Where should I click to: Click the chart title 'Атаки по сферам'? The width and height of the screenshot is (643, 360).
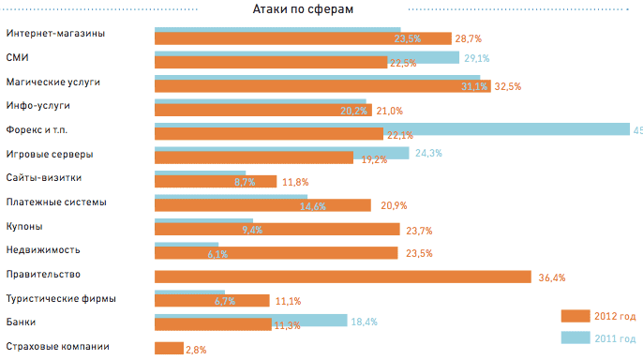(302, 8)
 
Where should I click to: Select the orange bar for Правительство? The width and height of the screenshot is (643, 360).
(343, 277)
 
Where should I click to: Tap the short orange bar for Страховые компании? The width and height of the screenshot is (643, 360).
(169, 349)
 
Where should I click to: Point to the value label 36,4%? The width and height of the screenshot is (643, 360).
(552, 277)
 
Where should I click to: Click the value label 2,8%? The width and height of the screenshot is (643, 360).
(195, 350)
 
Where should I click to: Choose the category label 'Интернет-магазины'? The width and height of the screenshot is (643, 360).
(55, 34)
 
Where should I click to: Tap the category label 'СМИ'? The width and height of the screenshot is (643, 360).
(17, 58)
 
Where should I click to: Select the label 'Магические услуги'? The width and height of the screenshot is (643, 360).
(52, 82)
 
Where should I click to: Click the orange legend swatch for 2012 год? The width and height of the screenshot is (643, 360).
(575, 316)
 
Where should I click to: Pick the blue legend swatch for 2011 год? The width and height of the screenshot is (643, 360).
(575, 337)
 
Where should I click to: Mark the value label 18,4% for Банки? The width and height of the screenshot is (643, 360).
(364, 322)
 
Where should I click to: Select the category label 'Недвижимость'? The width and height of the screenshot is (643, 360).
(43, 250)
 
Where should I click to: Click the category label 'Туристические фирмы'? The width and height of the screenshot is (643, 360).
(61, 299)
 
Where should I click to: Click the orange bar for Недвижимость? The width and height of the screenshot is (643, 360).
(276, 253)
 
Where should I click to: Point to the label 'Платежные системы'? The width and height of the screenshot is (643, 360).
(56, 202)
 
